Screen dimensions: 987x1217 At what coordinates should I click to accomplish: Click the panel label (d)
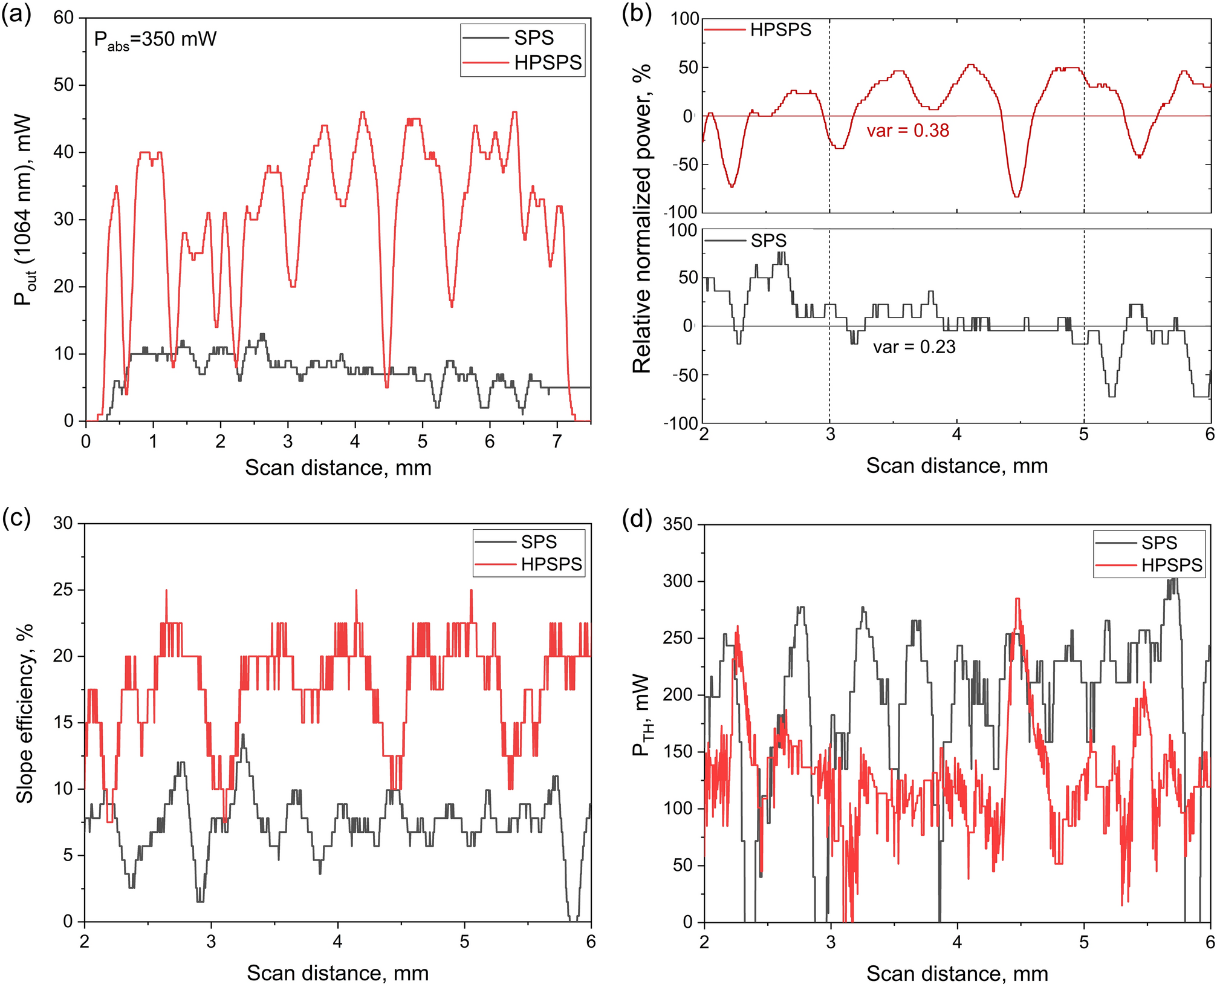click(x=637, y=519)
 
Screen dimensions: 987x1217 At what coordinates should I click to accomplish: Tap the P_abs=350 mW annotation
click(x=155, y=40)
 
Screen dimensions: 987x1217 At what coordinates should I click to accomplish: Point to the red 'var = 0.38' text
click(x=907, y=131)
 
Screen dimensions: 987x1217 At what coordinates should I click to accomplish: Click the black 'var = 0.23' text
click(x=914, y=347)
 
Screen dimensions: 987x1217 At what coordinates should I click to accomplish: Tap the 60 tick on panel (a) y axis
click(x=63, y=18)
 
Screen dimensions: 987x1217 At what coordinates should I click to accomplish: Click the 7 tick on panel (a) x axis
click(x=556, y=442)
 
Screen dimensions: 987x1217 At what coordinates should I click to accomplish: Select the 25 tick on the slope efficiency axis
click(x=63, y=590)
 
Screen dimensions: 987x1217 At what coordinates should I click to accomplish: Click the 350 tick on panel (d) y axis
click(x=677, y=524)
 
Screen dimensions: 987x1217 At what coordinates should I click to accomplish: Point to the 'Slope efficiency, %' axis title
click(x=24, y=714)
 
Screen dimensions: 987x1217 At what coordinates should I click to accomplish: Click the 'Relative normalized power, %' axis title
click(x=641, y=218)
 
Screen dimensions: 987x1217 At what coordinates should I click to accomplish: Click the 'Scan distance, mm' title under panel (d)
click(x=956, y=973)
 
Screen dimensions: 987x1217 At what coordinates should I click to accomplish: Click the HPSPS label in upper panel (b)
click(x=780, y=30)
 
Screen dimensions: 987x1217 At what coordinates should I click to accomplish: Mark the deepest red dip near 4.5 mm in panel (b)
click(x=1017, y=196)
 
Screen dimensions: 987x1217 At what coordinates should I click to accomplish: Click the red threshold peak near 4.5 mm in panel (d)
click(x=1017, y=599)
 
